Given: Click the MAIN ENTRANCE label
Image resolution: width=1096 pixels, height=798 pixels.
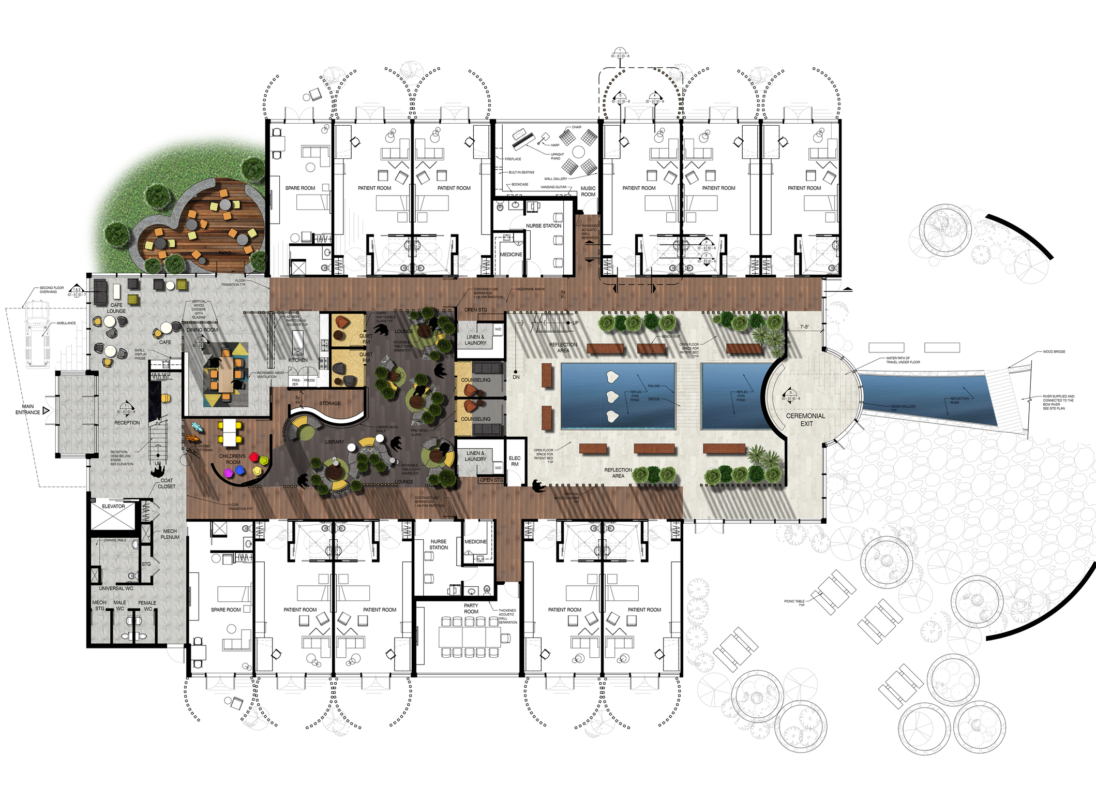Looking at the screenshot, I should pos(27,409).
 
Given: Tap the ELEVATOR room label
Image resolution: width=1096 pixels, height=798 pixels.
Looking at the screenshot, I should pos(113,506).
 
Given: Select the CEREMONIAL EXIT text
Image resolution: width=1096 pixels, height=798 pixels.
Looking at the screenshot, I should pos(806,420).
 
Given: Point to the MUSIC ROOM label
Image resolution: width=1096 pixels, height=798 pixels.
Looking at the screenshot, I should pos(588,191).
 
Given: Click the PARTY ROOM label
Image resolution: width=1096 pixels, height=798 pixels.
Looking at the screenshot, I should pos(471,609).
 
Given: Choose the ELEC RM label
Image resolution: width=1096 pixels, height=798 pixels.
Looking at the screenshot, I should pos(515,461).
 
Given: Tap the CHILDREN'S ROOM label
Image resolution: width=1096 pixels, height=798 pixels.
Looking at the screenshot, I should pos(232,460).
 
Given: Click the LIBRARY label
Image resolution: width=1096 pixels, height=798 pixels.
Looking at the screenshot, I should pos(334,442).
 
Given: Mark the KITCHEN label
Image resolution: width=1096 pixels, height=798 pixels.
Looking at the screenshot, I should pos(298,360).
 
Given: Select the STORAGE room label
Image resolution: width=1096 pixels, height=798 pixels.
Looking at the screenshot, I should pos(330,403).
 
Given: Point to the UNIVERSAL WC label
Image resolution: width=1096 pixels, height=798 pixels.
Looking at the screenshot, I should pos(116,588).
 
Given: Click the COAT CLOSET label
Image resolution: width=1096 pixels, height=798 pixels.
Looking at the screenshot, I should pos(167,483).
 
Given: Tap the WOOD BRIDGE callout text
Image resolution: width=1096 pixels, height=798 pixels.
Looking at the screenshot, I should pos(1054,352).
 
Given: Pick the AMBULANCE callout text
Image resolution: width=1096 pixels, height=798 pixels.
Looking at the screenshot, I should pos(66,323).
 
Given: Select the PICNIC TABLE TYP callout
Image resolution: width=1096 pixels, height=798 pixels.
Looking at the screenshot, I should pos(794,603).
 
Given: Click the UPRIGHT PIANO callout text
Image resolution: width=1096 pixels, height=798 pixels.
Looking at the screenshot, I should pos(557,156).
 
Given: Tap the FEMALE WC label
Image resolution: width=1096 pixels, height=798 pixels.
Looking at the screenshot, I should pos(147,605).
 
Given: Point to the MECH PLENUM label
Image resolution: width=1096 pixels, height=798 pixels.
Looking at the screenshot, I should pos(170,534).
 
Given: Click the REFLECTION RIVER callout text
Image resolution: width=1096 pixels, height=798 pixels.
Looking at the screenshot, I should pos(959,401).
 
